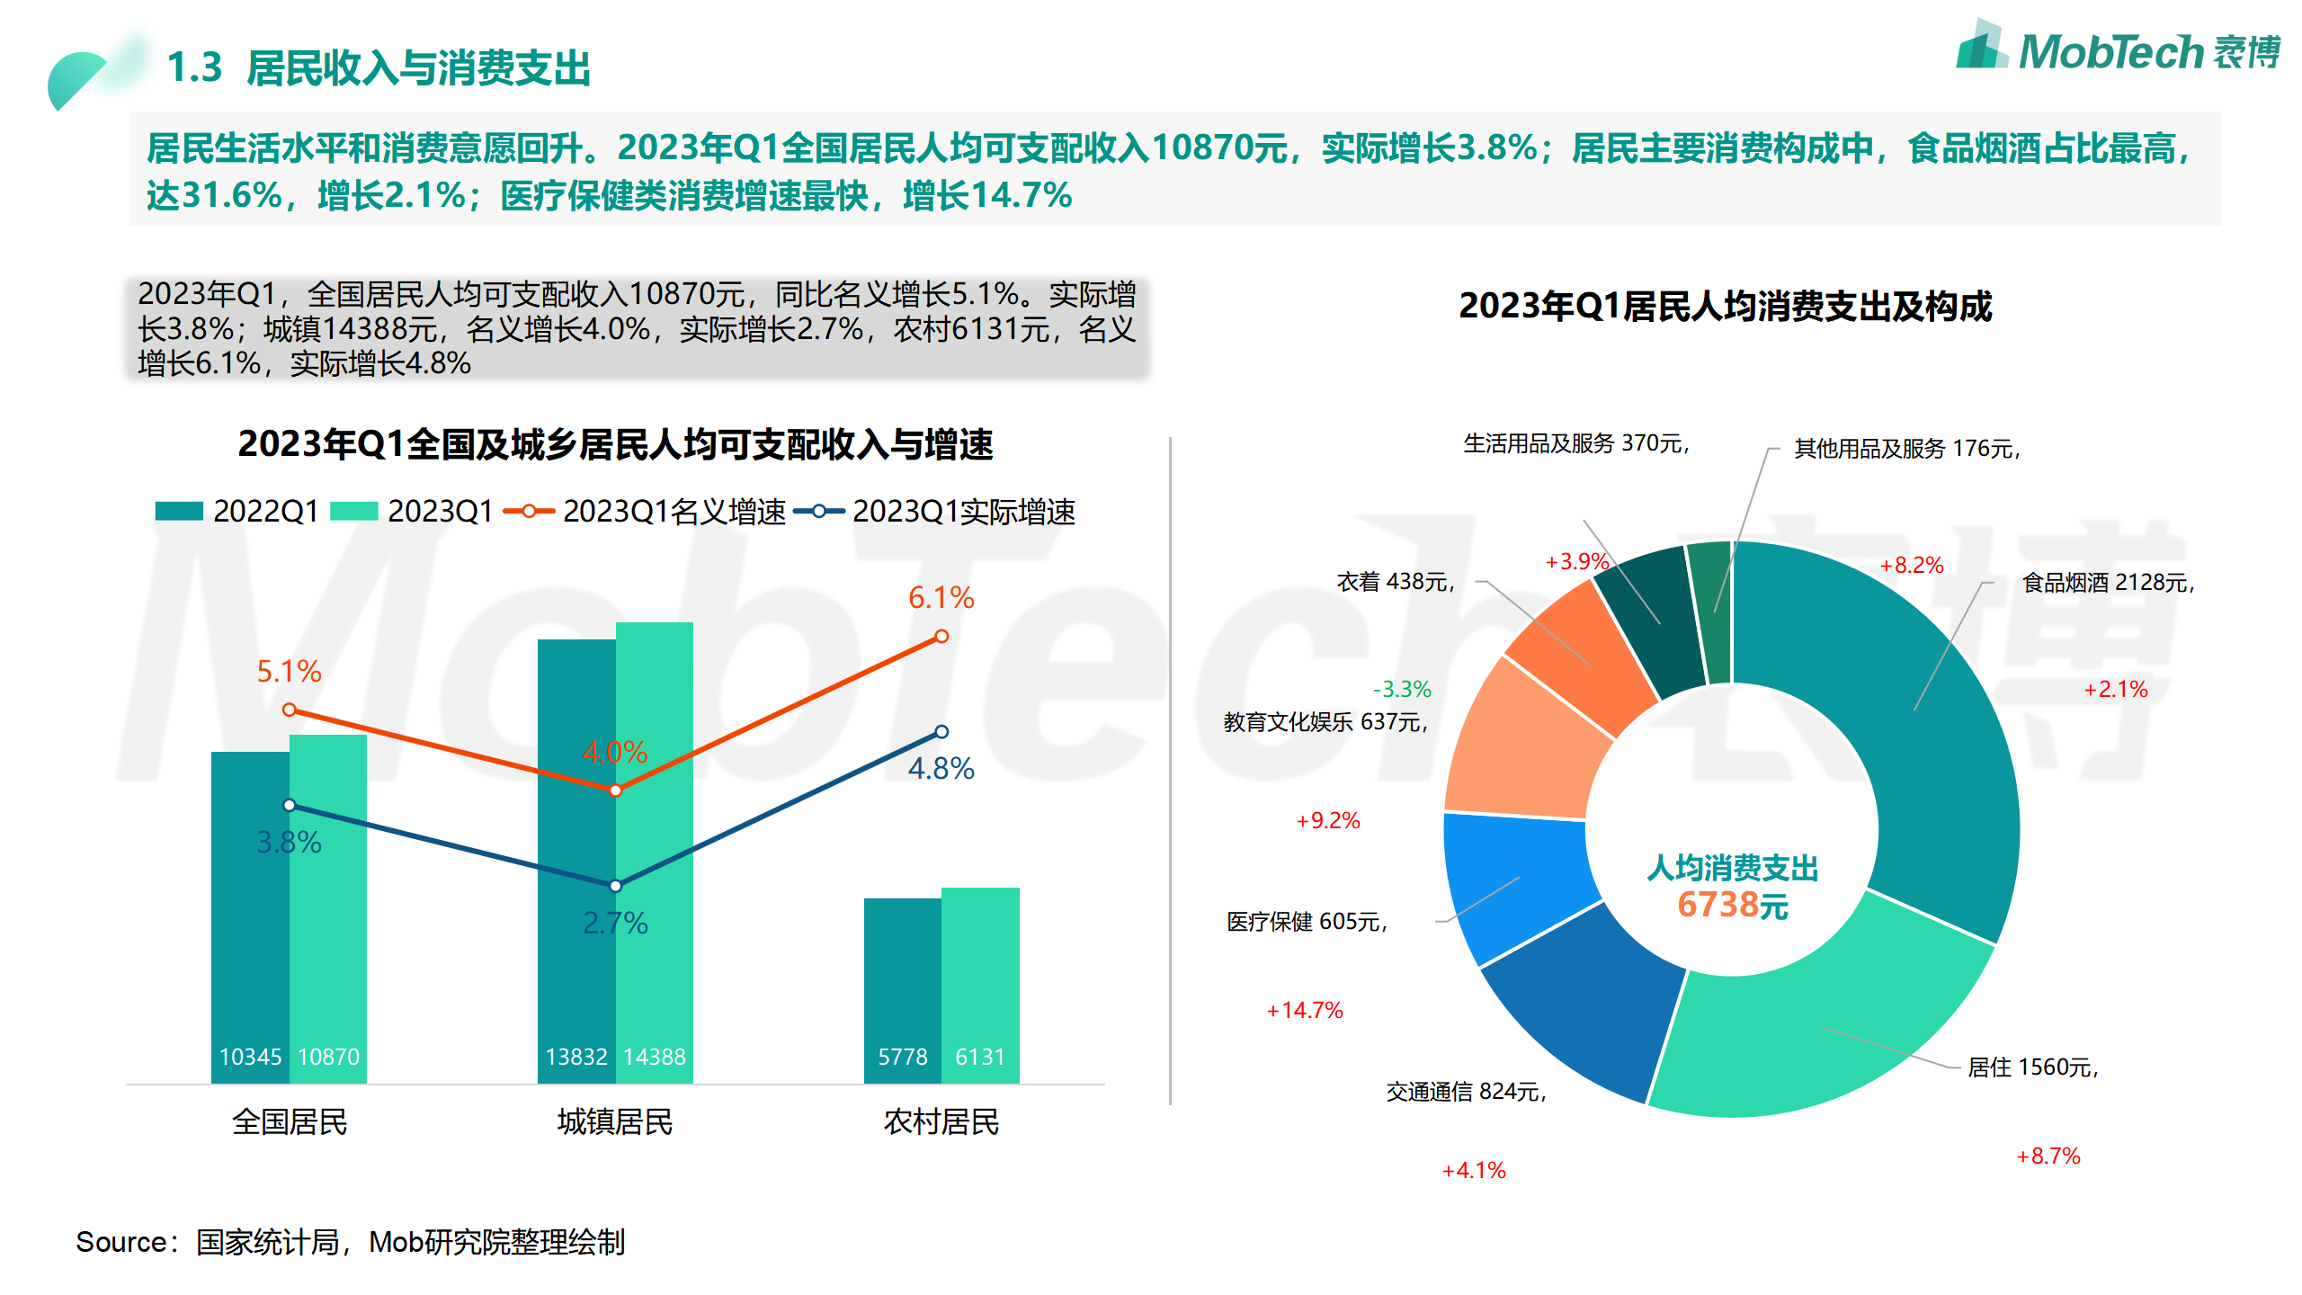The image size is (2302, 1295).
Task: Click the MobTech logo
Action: tap(2118, 49)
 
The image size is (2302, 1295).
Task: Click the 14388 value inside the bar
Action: tap(655, 1057)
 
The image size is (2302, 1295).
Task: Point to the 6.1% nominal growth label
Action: tap(941, 598)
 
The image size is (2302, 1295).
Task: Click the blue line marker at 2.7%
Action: tap(615, 886)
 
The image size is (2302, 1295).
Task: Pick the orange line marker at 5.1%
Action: tap(289, 710)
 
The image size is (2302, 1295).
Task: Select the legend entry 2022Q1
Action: tap(238, 512)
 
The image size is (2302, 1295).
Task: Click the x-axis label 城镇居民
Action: tap(615, 1122)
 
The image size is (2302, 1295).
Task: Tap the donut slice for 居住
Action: tap(1807, 1034)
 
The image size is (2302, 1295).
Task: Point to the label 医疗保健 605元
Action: tap(1307, 922)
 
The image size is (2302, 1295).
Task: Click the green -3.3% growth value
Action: tap(1402, 690)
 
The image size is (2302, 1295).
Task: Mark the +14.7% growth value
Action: tap(1305, 1011)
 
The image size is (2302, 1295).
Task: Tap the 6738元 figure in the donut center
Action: tap(1732, 905)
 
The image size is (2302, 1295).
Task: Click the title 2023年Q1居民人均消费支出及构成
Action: tap(1725, 307)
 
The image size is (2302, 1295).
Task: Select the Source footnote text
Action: tap(351, 1243)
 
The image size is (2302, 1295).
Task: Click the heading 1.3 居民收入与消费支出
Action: tap(378, 68)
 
